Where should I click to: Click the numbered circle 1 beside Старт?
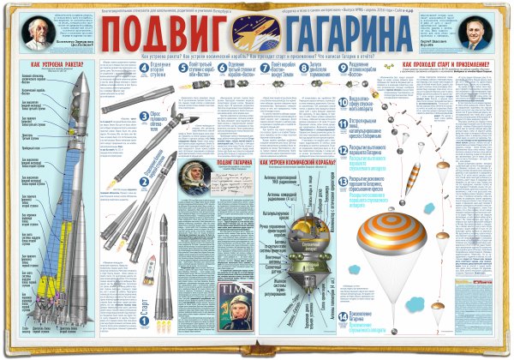click(146, 322)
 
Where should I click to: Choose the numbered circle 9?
click(342, 66)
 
